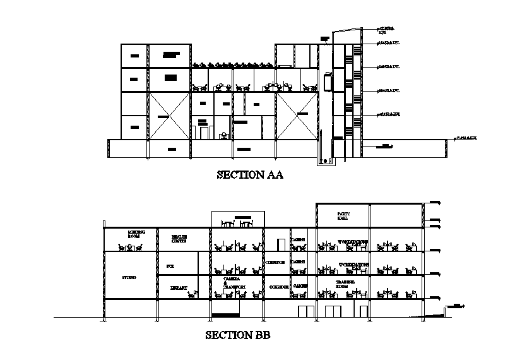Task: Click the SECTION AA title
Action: point(250,175)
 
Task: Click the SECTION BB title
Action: point(238,335)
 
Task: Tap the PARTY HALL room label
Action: point(343,216)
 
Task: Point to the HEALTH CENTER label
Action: point(179,239)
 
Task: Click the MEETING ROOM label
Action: point(134,234)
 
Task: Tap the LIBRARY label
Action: point(179,287)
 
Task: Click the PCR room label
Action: point(170,267)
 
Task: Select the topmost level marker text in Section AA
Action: point(386,29)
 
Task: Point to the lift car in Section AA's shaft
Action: point(328,83)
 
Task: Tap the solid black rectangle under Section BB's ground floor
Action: point(225,314)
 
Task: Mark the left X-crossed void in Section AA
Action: point(169,116)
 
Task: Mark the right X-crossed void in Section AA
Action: point(295,116)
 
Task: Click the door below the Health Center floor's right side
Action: point(281,244)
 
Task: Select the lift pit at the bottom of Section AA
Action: point(327,162)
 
